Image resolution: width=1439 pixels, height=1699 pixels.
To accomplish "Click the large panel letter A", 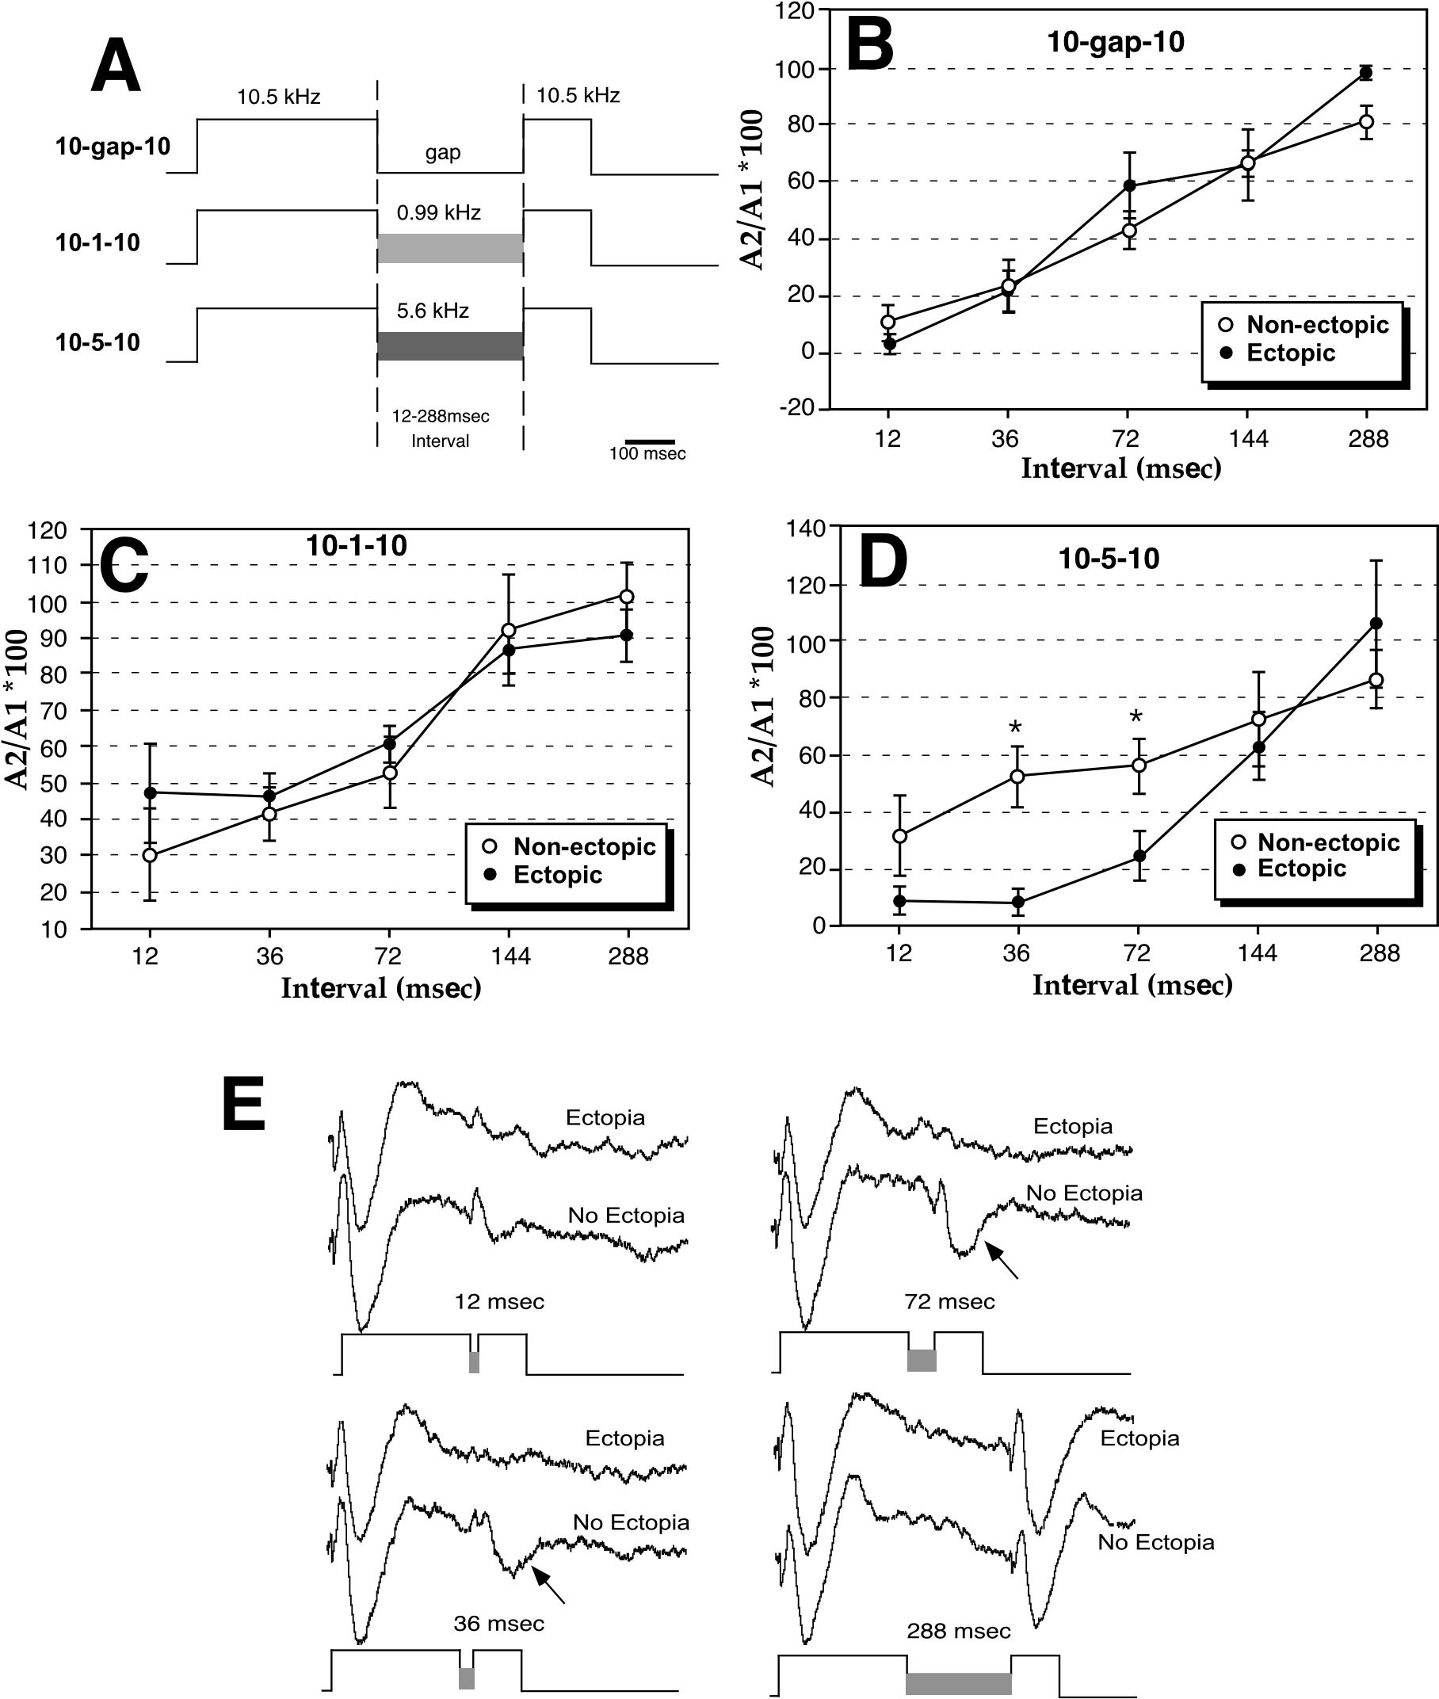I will (115, 67).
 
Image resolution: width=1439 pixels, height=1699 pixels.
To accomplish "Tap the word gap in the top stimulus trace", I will (442, 152).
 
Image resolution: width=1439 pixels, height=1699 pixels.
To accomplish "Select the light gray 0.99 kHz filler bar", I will (449, 248).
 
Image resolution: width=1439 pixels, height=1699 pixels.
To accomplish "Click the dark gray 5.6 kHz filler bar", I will (449, 346).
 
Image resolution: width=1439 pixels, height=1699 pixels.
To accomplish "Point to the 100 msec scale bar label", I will (647, 453).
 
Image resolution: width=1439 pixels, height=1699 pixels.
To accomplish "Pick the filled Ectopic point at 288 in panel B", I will (1365, 74).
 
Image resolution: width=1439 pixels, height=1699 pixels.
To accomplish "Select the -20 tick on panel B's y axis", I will (797, 408).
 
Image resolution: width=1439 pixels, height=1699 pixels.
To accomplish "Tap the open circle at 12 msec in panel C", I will (149, 855).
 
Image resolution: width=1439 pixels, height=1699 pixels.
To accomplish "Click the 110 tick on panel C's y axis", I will (47, 564).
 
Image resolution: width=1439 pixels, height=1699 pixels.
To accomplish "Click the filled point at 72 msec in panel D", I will (1139, 857).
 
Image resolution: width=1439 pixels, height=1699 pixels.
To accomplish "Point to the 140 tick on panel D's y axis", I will (805, 528).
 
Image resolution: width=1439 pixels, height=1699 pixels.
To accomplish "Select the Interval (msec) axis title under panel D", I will (1132, 985).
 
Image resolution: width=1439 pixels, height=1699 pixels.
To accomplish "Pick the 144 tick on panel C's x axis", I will (510, 956).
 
